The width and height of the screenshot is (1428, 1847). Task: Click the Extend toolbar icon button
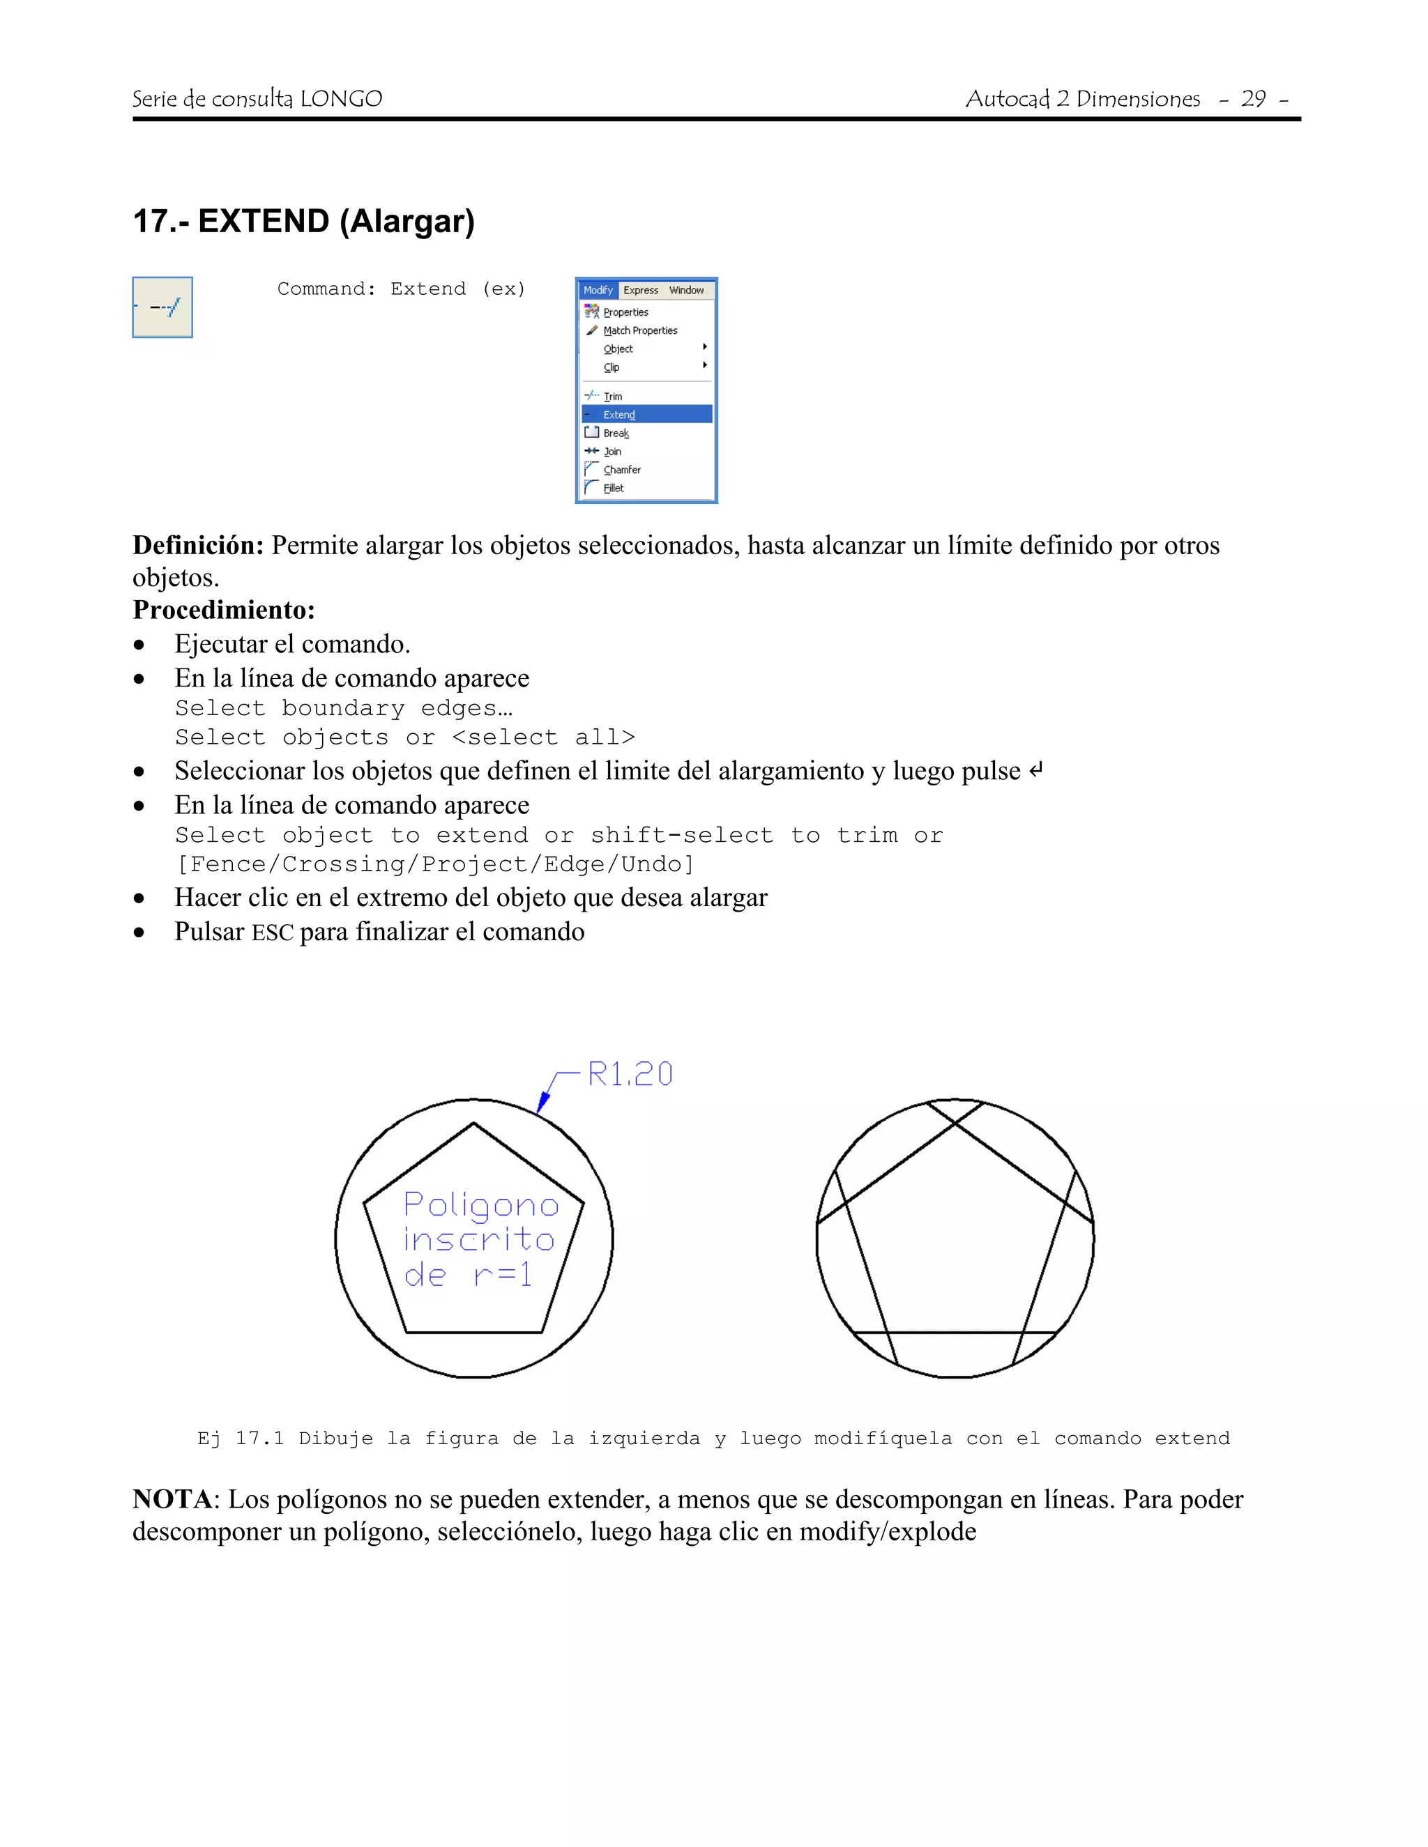pos(162,307)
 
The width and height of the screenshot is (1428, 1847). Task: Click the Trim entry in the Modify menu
pos(612,396)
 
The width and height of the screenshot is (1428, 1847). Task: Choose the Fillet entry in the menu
pos(614,488)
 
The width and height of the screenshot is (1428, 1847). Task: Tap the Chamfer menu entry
pos(622,469)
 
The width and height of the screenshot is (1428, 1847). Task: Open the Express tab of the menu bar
pos(640,290)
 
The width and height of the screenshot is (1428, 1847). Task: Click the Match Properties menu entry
pos(639,330)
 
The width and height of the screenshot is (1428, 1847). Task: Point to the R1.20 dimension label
pos(630,1074)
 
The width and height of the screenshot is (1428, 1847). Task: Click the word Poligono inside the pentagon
pos(480,1205)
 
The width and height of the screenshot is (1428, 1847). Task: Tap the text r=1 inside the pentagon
pos(503,1273)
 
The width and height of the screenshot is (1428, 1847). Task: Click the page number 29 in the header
pos(1253,99)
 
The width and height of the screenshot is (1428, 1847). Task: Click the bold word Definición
pos(199,546)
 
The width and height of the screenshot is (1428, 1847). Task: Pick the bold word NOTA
pos(172,1499)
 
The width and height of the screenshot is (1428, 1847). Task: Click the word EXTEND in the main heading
pos(263,221)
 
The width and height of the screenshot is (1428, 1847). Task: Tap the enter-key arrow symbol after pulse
pos(1035,770)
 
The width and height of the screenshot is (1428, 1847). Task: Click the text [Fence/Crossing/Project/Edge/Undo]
pos(435,864)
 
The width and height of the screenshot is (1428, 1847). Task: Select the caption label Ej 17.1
pos(241,1439)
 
